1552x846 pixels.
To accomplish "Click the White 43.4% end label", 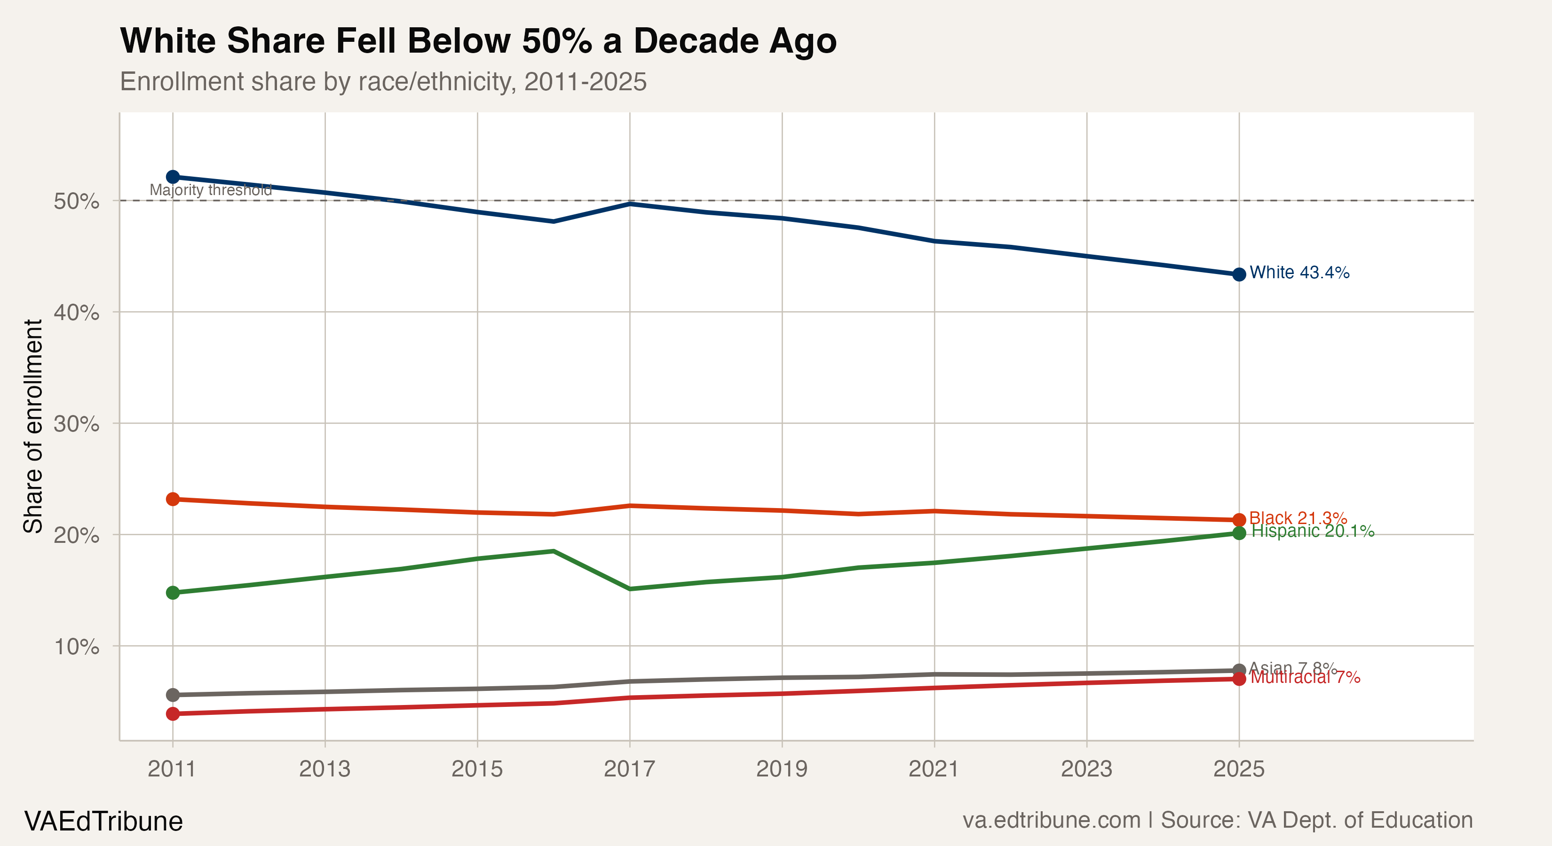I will click(x=1299, y=273).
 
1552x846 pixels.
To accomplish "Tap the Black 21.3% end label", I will click(x=1298, y=518).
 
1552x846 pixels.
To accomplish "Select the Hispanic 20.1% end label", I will click(x=1313, y=531).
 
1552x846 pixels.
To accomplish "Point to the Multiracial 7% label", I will click(x=1305, y=677).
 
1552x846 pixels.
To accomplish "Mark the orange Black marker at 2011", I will click(x=173, y=499).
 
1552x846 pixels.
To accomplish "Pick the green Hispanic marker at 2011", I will click(x=173, y=593).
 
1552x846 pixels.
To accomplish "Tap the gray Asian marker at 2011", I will click(x=173, y=695).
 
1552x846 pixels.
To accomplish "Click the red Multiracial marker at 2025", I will click(x=1239, y=679).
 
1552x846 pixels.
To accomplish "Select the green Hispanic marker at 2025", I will click(x=1239, y=533).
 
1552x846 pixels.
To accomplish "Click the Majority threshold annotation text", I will click(x=210, y=190).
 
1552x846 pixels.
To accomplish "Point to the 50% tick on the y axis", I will click(x=77, y=201).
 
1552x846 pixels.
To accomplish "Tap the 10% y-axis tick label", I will click(x=77, y=647).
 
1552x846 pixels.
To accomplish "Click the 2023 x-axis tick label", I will click(x=1086, y=769).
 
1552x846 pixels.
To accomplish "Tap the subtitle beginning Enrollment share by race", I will click(x=383, y=81).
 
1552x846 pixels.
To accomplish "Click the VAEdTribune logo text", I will click(x=103, y=821).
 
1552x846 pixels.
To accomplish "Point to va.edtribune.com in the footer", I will click(x=1051, y=820).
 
